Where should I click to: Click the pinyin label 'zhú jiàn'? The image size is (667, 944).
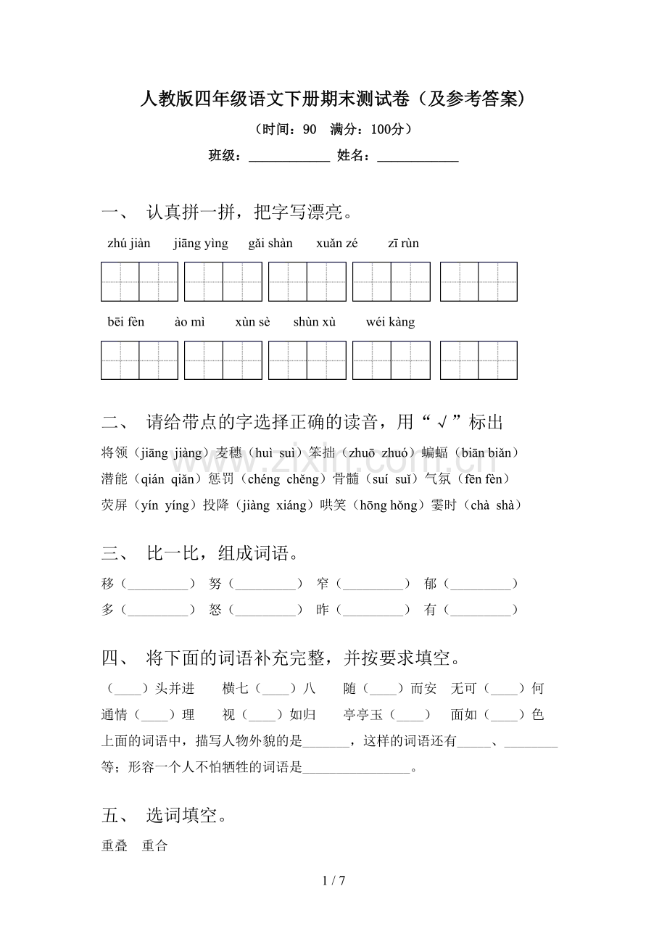(x=129, y=244)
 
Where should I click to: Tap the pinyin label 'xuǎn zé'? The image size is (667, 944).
(x=337, y=244)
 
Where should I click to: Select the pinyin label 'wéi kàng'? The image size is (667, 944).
(x=391, y=322)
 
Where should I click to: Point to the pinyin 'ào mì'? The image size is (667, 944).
(x=190, y=322)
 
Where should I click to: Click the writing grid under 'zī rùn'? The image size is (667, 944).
(x=478, y=282)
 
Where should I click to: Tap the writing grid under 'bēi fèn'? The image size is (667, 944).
(x=139, y=360)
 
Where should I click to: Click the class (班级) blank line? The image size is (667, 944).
(x=289, y=156)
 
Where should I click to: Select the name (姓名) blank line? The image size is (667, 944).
(x=418, y=156)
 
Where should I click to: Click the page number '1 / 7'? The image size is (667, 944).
(x=333, y=881)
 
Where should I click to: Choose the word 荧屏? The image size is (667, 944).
(x=115, y=505)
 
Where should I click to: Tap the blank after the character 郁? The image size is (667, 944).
(x=481, y=584)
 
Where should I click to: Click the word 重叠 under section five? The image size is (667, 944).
(x=115, y=846)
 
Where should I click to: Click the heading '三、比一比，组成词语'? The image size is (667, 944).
(x=201, y=555)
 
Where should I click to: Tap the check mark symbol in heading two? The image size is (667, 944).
(x=442, y=423)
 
